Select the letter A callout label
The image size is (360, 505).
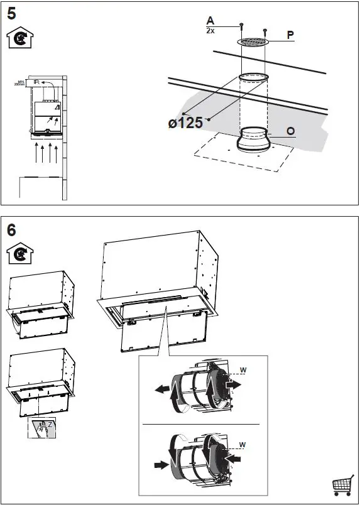pos(210,21)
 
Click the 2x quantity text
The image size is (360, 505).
pos(210,30)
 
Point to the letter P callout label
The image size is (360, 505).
pos(290,35)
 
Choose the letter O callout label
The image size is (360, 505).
pos(290,131)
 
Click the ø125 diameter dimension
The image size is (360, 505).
pos(185,122)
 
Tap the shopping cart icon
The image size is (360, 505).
pos(342,486)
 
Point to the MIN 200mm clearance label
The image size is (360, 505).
pos(19,82)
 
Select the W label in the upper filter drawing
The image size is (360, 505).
pos(243,369)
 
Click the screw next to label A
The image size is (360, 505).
pos(241,26)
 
